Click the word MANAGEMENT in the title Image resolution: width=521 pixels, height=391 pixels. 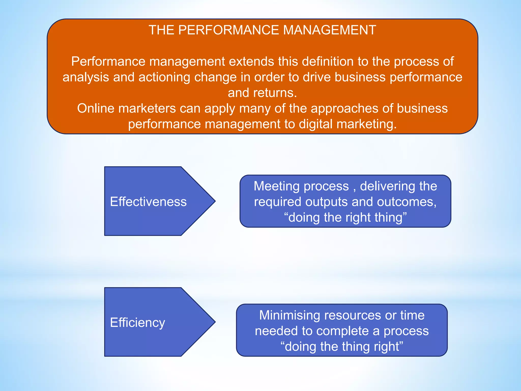(329, 30)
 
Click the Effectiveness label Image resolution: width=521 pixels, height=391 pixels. (148, 202)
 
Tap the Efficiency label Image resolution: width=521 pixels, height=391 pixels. (137, 323)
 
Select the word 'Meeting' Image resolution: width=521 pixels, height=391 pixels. (277, 186)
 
